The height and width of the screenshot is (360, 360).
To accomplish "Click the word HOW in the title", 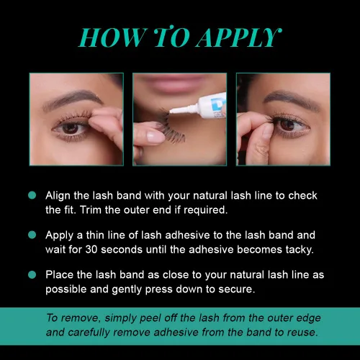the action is click(x=112, y=37).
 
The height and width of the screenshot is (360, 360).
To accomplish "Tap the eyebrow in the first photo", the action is click(x=73, y=99).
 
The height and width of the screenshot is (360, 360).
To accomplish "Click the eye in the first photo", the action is click(x=71, y=128).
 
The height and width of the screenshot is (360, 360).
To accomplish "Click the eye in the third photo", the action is click(x=288, y=125).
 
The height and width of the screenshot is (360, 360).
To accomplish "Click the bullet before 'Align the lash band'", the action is click(x=32, y=195).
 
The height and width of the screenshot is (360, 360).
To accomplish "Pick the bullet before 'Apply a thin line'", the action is click(x=32, y=235).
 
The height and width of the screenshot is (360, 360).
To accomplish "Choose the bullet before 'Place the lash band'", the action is click(x=32, y=274).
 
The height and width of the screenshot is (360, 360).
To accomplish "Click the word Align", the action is click(x=58, y=196).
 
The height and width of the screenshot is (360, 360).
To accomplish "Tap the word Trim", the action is click(x=91, y=210).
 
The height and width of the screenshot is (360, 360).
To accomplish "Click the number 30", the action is click(x=91, y=250).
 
